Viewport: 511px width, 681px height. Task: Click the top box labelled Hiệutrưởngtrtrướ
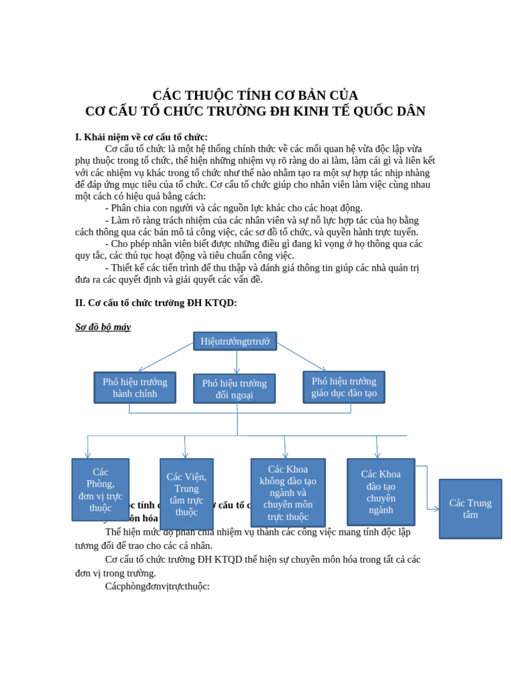point(235,341)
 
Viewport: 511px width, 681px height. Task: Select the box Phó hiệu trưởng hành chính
point(135,388)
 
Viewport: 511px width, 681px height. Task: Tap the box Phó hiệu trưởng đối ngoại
point(234,389)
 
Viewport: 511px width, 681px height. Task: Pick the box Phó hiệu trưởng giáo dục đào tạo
point(344,387)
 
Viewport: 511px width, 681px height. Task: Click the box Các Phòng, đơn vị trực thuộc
point(100,489)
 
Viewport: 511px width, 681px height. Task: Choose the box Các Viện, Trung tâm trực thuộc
point(186,493)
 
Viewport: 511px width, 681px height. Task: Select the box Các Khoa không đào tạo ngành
point(288,493)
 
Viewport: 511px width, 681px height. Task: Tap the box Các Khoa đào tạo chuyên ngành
point(381,492)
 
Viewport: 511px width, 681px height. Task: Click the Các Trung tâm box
point(470,509)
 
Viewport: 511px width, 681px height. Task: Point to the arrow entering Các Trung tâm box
point(433,509)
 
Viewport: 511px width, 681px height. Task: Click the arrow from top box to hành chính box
point(166,357)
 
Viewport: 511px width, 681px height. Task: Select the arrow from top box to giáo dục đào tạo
point(301,357)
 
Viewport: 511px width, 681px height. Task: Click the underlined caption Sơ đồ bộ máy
point(103,327)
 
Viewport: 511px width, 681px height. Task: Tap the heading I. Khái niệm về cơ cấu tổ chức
point(141,137)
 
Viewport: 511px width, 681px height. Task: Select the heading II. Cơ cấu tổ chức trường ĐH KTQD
point(156,303)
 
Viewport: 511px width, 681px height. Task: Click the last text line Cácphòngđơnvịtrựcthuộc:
point(158,587)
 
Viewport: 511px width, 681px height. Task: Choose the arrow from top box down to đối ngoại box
point(237,362)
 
